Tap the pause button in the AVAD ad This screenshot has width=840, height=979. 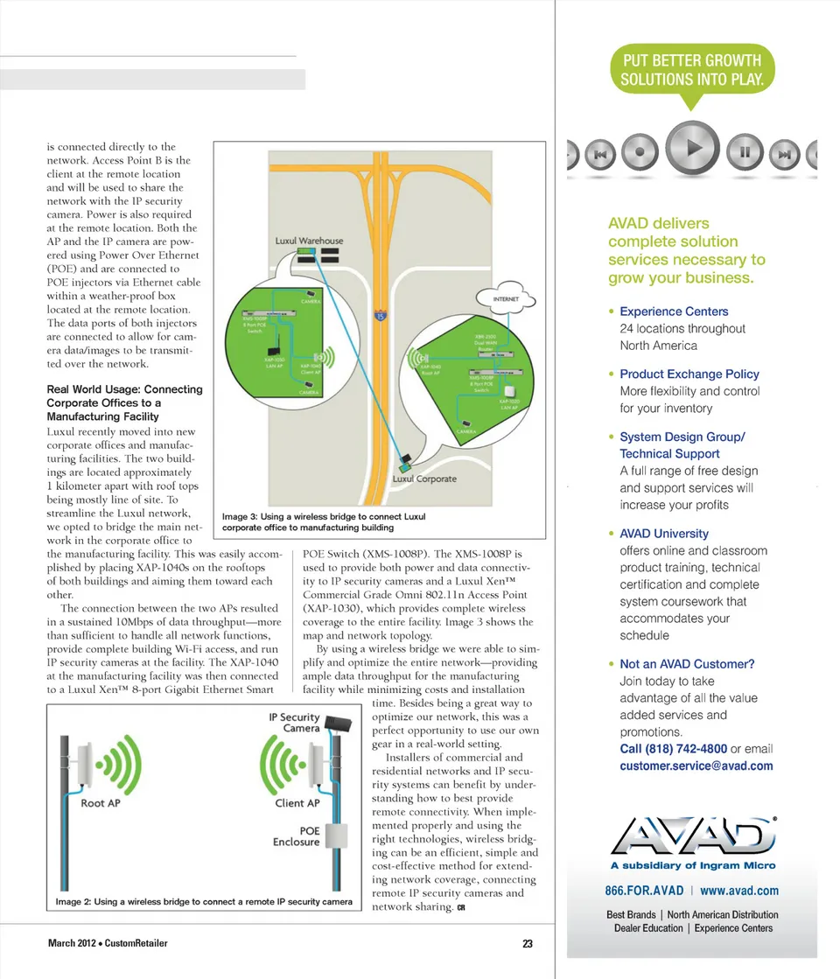(x=745, y=151)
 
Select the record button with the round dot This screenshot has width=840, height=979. (x=641, y=151)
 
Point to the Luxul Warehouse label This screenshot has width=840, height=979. (x=309, y=241)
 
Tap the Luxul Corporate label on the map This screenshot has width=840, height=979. (x=424, y=479)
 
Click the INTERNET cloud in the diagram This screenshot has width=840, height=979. (x=507, y=299)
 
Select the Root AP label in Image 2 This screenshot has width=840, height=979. (x=100, y=803)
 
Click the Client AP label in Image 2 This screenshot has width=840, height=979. (x=297, y=803)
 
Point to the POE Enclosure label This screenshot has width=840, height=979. (x=297, y=836)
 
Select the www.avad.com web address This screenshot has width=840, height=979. (x=739, y=891)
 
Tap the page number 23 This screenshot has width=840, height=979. (x=528, y=944)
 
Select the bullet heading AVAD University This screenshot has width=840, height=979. (x=663, y=534)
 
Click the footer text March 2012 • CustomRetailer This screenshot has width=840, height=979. (x=108, y=943)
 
